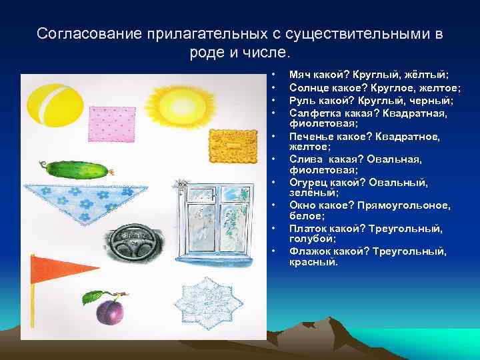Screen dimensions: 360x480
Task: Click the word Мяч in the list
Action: pos(299,77)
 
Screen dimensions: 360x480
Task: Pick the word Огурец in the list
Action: pos(307,182)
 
